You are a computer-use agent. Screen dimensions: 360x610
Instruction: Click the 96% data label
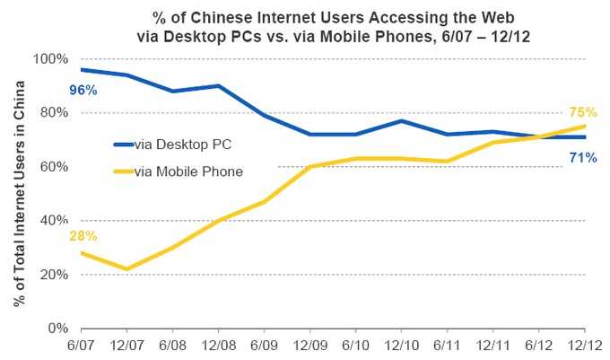83,90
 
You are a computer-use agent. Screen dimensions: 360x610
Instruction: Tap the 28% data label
83,236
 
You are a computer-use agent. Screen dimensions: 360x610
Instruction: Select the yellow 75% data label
583,112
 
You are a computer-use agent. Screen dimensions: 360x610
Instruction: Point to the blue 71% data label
583,158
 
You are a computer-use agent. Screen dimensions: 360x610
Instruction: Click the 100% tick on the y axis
51,59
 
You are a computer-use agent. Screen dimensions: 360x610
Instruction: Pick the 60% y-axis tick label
55,167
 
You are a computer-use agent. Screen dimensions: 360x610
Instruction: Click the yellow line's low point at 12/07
127,269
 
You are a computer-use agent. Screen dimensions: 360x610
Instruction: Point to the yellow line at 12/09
310,167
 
